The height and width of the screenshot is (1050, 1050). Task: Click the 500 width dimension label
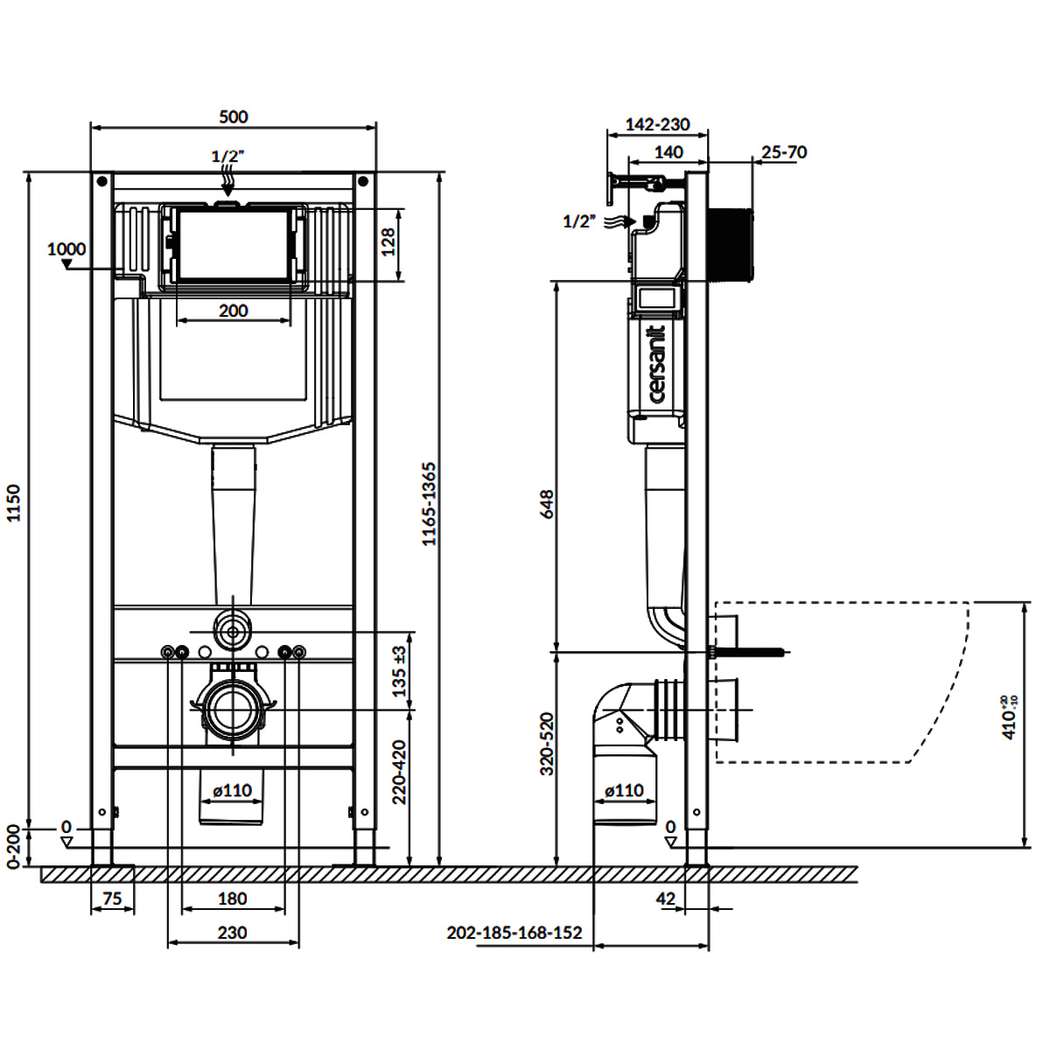click(234, 116)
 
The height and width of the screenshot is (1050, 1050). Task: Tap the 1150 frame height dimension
click(14, 503)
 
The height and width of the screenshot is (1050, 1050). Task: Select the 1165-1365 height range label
click(430, 504)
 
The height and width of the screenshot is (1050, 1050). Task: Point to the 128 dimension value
click(388, 242)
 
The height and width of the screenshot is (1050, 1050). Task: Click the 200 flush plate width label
click(234, 311)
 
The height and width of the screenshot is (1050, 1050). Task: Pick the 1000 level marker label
click(66, 249)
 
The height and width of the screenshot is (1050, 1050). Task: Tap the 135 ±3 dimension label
click(399, 671)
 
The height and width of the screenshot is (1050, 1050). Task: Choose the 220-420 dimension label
click(399, 772)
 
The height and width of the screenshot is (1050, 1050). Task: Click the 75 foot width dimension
click(112, 899)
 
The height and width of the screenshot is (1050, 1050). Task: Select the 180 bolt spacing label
click(233, 899)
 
